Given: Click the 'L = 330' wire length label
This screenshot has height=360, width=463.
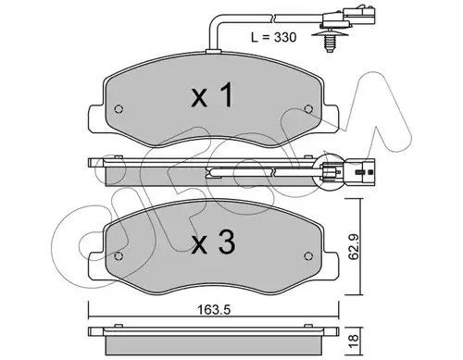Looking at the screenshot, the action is (273, 37).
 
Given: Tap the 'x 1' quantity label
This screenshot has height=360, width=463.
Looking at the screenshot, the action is (212, 95).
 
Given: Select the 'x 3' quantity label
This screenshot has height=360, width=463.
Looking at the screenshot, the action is (213, 242).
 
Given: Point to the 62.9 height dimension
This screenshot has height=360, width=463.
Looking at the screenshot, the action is (354, 247).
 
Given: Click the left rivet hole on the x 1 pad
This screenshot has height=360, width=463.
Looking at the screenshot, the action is (119, 109).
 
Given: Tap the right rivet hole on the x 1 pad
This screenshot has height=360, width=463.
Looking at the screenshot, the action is (308, 108).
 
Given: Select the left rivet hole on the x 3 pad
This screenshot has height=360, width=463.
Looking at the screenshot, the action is (119, 256).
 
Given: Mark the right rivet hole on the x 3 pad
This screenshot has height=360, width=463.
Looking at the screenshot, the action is (308, 255).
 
